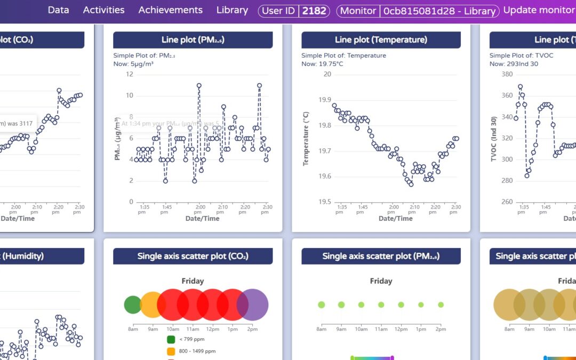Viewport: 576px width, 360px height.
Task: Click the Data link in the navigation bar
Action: click(58, 10)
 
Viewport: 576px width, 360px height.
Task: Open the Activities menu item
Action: click(103, 10)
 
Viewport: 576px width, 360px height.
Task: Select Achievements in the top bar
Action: click(170, 10)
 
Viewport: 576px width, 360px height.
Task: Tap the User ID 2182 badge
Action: click(294, 11)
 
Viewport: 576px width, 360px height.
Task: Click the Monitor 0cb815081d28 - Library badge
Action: click(418, 11)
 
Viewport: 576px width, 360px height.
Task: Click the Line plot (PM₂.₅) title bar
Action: click(193, 40)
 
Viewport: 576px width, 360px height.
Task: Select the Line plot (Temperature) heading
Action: click(381, 40)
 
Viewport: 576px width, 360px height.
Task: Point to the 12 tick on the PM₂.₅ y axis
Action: click(129, 74)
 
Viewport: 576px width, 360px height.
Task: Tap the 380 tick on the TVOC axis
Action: click(507, 74)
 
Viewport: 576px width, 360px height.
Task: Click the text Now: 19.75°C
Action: click(322, 64)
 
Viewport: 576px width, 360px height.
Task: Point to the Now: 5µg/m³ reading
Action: click(134, 64)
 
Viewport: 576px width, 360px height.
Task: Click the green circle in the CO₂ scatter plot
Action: click(132, 305)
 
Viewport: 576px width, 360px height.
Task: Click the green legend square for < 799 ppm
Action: click(171, 339)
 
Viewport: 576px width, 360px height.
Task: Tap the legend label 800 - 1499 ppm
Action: click(197, 351)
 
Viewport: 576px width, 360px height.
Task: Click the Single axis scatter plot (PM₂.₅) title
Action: click(381, 256)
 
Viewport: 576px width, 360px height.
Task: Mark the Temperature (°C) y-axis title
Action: click(306, 139)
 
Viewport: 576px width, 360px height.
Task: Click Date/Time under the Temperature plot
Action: click(395, 218)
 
